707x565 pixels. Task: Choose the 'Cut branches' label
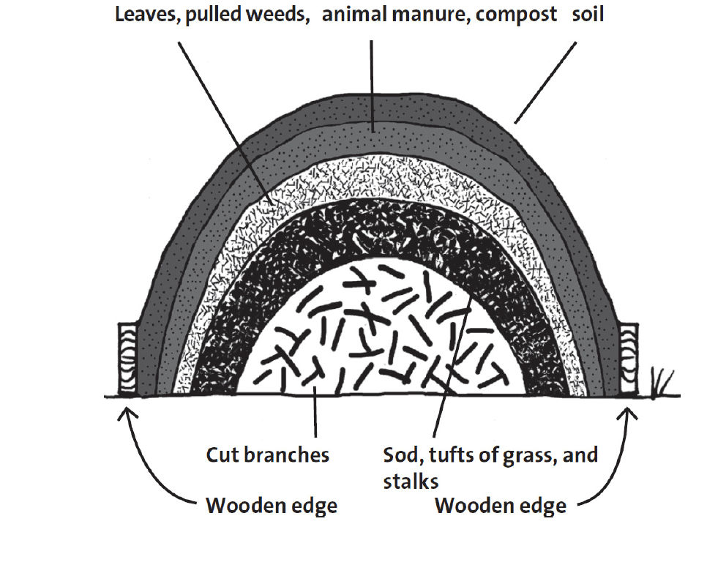(267, 454)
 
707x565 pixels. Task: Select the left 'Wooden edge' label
(272, 505)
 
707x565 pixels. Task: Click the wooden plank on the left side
(130, 359)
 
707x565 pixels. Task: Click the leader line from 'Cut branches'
(315, 418)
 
